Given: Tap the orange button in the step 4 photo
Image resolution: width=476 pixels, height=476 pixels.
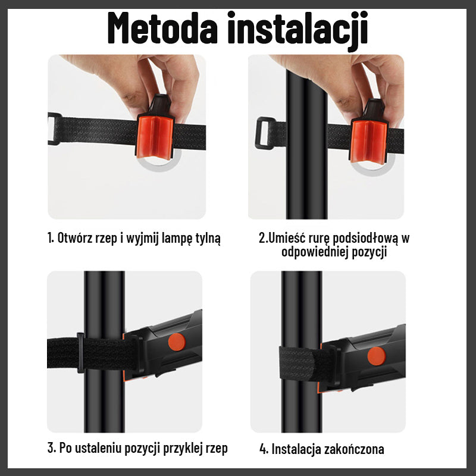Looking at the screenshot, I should pos(376,356).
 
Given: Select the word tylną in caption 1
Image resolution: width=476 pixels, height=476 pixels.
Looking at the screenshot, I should pos(208,239).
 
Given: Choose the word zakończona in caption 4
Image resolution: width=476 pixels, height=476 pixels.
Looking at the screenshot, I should pos(355,449).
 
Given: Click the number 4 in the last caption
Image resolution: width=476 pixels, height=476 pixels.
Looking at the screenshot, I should pos(262,449).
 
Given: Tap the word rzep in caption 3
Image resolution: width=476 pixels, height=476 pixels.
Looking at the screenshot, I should pos(216,448).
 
